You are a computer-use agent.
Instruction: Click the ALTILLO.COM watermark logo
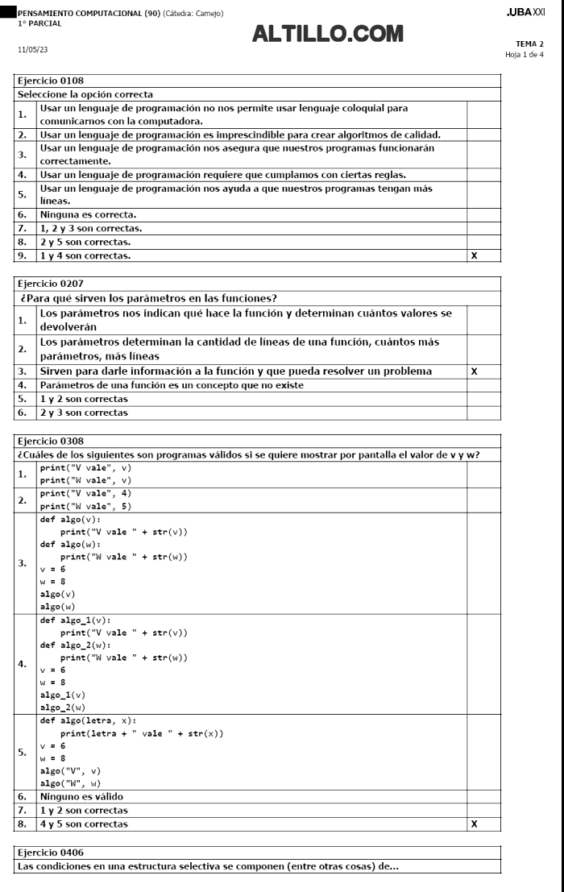[327, 34]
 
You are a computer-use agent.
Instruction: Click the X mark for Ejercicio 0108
[473, 255]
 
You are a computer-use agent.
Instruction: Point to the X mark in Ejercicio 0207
[473, 371]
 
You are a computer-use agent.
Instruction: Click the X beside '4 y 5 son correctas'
[473, 824]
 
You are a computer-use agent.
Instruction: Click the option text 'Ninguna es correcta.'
[89, 215]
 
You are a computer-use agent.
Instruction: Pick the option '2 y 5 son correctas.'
[85, 242]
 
